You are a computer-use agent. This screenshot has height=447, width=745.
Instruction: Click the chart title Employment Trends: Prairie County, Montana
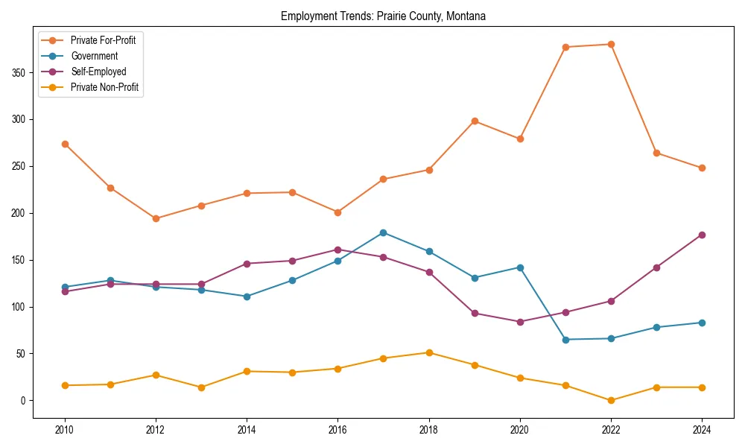pyautogui.click(x=383, y=16)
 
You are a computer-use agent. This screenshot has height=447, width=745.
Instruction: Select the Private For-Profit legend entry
pyautogui.click(x=103, y=40)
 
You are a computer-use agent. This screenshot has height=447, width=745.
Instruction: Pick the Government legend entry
pyautogui.click(x=94, y=56)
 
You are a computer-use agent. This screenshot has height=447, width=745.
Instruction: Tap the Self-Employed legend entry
pyautogui.click(x=98, y=72)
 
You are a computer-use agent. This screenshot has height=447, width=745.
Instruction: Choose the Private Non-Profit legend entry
pyautogui.click(x=104, y=87)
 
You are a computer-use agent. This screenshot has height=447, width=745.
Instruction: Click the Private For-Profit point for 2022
pyautogui.click(x=611, y=44)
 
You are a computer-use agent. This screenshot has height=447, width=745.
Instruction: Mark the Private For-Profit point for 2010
pyautogui.click(x=65, y=144)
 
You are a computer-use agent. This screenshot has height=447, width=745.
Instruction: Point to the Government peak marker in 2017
pyautogui.click(x=383, y=232)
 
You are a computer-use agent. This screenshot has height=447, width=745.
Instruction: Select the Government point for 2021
pyautogui.click(x=565, y=340)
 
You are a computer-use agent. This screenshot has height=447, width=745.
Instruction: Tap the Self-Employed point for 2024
pyautogui.click(x=702, y=235)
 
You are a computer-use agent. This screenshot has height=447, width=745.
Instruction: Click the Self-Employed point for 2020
pyautogui.click(x=520, y=322)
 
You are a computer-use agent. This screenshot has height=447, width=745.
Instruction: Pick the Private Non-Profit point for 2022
pyautogui.click(x=611, y=400)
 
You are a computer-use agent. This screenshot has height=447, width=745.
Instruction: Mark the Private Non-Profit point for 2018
pyautogui.click(x=429, y=352)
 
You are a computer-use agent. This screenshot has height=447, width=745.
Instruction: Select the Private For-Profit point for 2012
pyautogui.click(x=156, y=218)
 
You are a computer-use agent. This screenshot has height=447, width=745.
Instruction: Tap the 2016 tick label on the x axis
pyautogui.click(x=337, y=430)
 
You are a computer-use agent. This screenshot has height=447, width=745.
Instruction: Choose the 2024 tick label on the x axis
pyautogui.click(x=702, y=430)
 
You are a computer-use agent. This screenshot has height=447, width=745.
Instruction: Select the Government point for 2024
pyautogui.click(x=702, y=323)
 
